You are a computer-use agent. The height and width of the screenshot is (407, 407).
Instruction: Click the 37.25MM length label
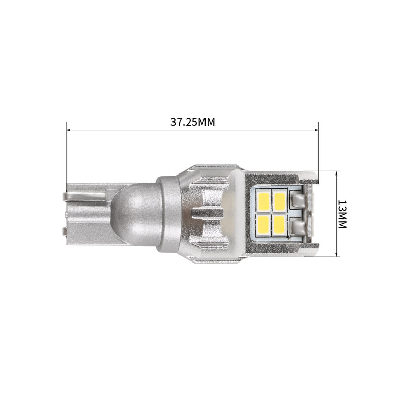coord(193,122)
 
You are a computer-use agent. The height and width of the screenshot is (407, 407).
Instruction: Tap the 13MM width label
coord(342,214)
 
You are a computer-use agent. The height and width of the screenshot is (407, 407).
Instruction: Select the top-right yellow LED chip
coord(279,201)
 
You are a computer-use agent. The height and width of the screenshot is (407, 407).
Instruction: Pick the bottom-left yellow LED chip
coord(264,224)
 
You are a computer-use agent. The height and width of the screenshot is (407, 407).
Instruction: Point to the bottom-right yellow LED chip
coord(279,224)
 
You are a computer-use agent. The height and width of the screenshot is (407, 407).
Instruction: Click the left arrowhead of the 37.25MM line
coord(68,130)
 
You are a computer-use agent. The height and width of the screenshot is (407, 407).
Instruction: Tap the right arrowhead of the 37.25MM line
coord(316,130)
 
